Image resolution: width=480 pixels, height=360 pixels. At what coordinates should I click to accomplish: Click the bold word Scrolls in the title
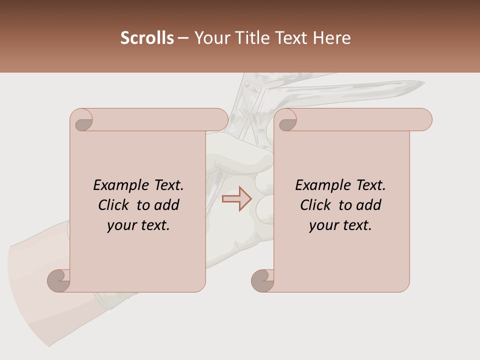tap(147, 38)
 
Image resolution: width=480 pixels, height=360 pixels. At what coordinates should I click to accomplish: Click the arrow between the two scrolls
tap(237, 199)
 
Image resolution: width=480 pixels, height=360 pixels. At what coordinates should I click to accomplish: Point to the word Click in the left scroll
tap(114, 205)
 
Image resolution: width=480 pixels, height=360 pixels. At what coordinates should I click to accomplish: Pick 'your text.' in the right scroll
tap(340, 225)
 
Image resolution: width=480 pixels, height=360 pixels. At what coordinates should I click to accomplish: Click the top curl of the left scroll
tap(82, 120)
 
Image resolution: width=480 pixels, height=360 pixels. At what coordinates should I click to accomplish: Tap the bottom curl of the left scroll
tap(58, 280)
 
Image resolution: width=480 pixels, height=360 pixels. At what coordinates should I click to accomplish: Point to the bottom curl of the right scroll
tap(262, 280)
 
